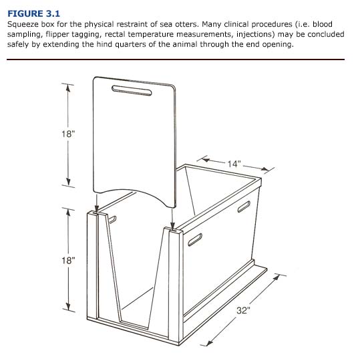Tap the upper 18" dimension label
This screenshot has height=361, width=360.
(67, 134)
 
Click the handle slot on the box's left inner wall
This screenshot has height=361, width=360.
(112, 219)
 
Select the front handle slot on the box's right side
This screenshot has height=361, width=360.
(198, 239)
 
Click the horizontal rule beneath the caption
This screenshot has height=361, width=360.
(175, 59)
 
